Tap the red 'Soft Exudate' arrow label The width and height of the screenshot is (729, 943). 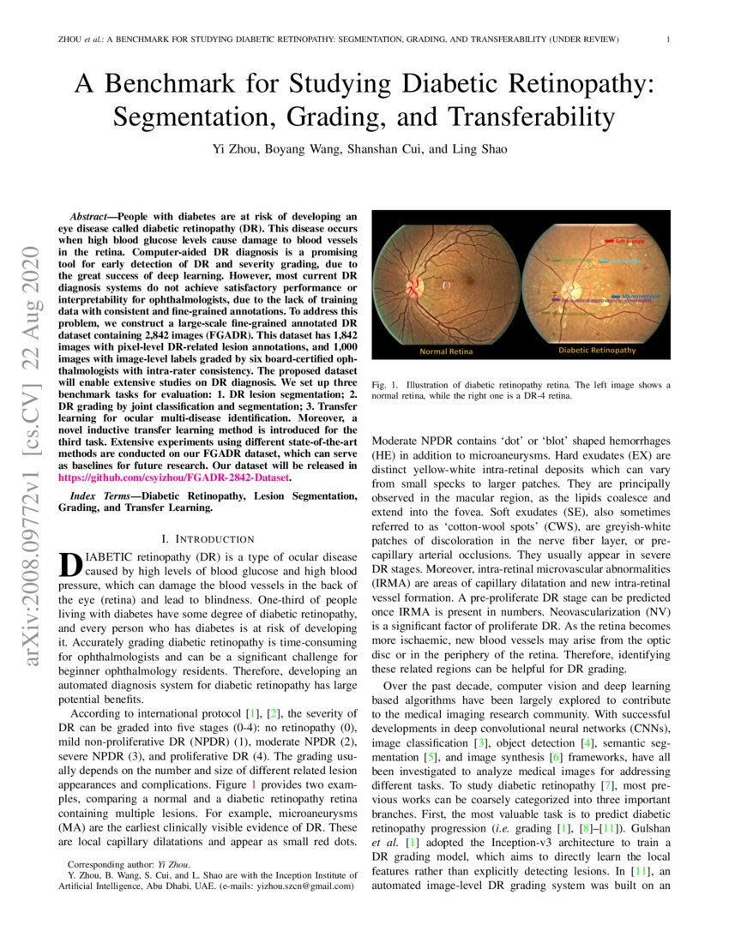click(630, 243)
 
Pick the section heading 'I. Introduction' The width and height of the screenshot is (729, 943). click(208, 538)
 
